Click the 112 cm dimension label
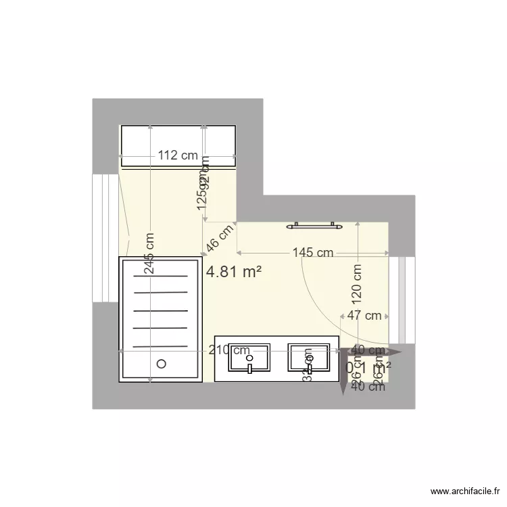click(x=178, y=155)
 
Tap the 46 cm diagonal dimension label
click(x=220, y=239)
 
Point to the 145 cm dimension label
click(x=313, y=254)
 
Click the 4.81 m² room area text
click(x=234, y=272)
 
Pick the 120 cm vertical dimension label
click(x=357, y=282)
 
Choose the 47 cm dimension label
click(x=364, y=315)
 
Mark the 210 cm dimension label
click(x=228, y=350)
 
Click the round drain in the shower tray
click(x=161, y=363)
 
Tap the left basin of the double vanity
click(x=249, y=357)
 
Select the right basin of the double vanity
click(x=309, y=357)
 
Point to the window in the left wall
click(x=105, y=238)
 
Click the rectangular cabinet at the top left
click(x=178, y=145)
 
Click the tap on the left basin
click(x=249, y=368)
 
